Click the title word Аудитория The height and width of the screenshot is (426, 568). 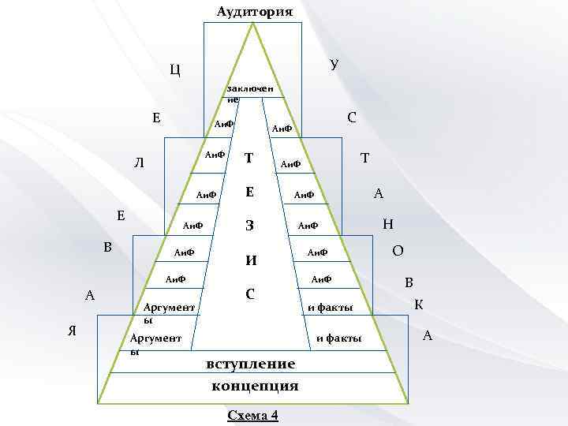click(x=254, y=12)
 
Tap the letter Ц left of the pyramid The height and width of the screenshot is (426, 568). click(x=175, y=69)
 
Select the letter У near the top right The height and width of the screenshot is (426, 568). click(x=334, y=64)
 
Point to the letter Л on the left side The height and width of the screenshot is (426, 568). click(x=139, y=164)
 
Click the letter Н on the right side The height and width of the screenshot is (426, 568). click(x=387, y=224)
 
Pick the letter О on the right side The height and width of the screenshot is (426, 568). click(x=398, y=251)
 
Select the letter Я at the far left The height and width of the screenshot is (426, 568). click(x=73, y=331)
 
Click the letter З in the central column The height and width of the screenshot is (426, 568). click(x=248, y=226)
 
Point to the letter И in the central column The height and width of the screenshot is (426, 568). click(x=249, y=259)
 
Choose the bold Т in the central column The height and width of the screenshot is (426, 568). click(x=248, y=159)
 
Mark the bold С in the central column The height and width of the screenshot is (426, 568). click(x=249, y=294)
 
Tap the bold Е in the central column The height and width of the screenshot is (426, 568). click(x=248, y=192)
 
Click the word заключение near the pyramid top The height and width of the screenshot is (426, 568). click(x=249, y=94)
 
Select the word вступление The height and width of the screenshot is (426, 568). click(x=250, y=364)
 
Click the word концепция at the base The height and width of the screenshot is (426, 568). click(x=255, y=386)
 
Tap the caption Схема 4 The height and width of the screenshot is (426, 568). click(x=252, y=416)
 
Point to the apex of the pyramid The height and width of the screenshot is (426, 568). click(x=253, y=24)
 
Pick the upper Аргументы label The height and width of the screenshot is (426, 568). click(x=169, y=309)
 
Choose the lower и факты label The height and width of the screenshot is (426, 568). click(x=338, y=338)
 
